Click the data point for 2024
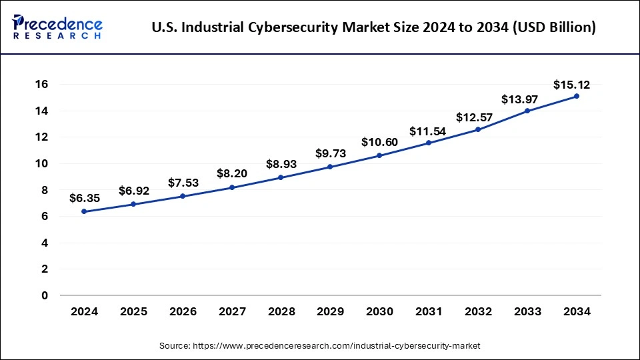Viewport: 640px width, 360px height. point(84,211)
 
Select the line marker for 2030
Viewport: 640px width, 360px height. point(379,155)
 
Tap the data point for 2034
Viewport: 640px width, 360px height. point(577,96)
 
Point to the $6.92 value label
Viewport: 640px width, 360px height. point(133,191)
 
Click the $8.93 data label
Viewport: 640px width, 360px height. point(281,164)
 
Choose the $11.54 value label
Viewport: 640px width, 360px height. point(429,130)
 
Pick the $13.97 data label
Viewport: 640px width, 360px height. point(527,99)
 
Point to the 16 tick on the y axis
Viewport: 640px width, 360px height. point(42,84)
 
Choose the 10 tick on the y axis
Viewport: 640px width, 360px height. point(42,163)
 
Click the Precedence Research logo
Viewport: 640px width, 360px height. point(57,27)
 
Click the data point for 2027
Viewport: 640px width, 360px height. point(232,187)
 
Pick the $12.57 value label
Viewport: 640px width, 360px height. point(478,117)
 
